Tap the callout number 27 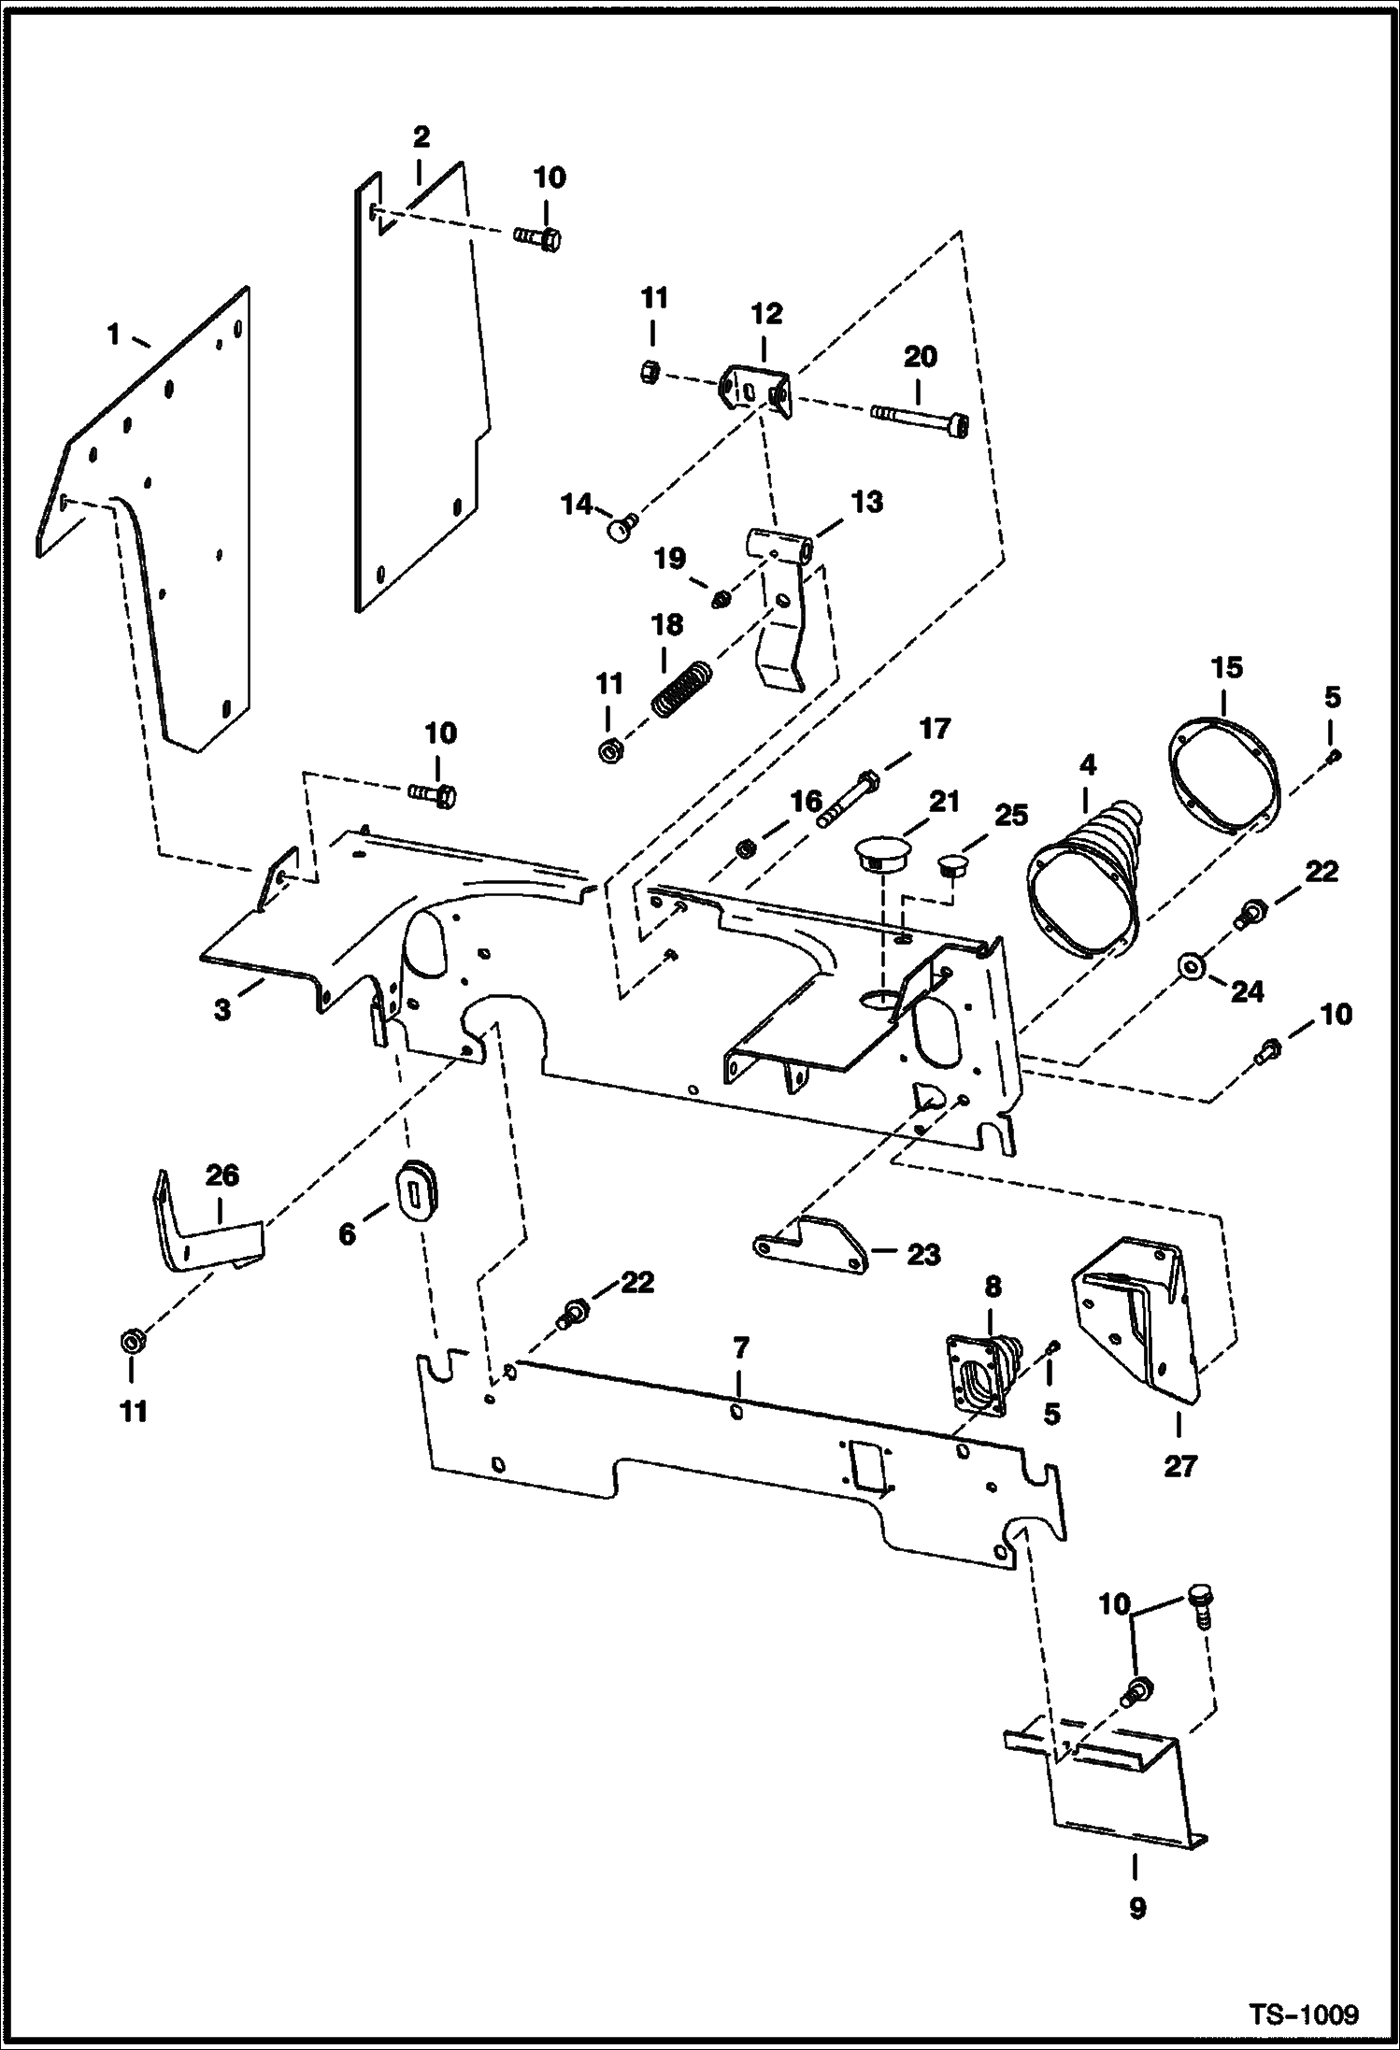pos(1180,1466)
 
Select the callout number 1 pos(114,334)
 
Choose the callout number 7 pos(740,1347)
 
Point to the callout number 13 pos(868,503)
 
